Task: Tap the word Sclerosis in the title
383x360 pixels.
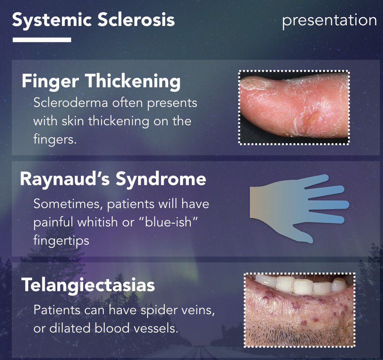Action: tap(136, 19)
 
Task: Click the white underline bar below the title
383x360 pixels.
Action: tap(42, 40)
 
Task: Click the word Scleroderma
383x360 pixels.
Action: tap(71, 103)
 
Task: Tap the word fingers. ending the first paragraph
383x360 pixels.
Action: tap(55, 139)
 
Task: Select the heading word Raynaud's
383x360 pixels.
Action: tap(65, 179)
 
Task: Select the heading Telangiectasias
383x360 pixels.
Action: tap(88, 285)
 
